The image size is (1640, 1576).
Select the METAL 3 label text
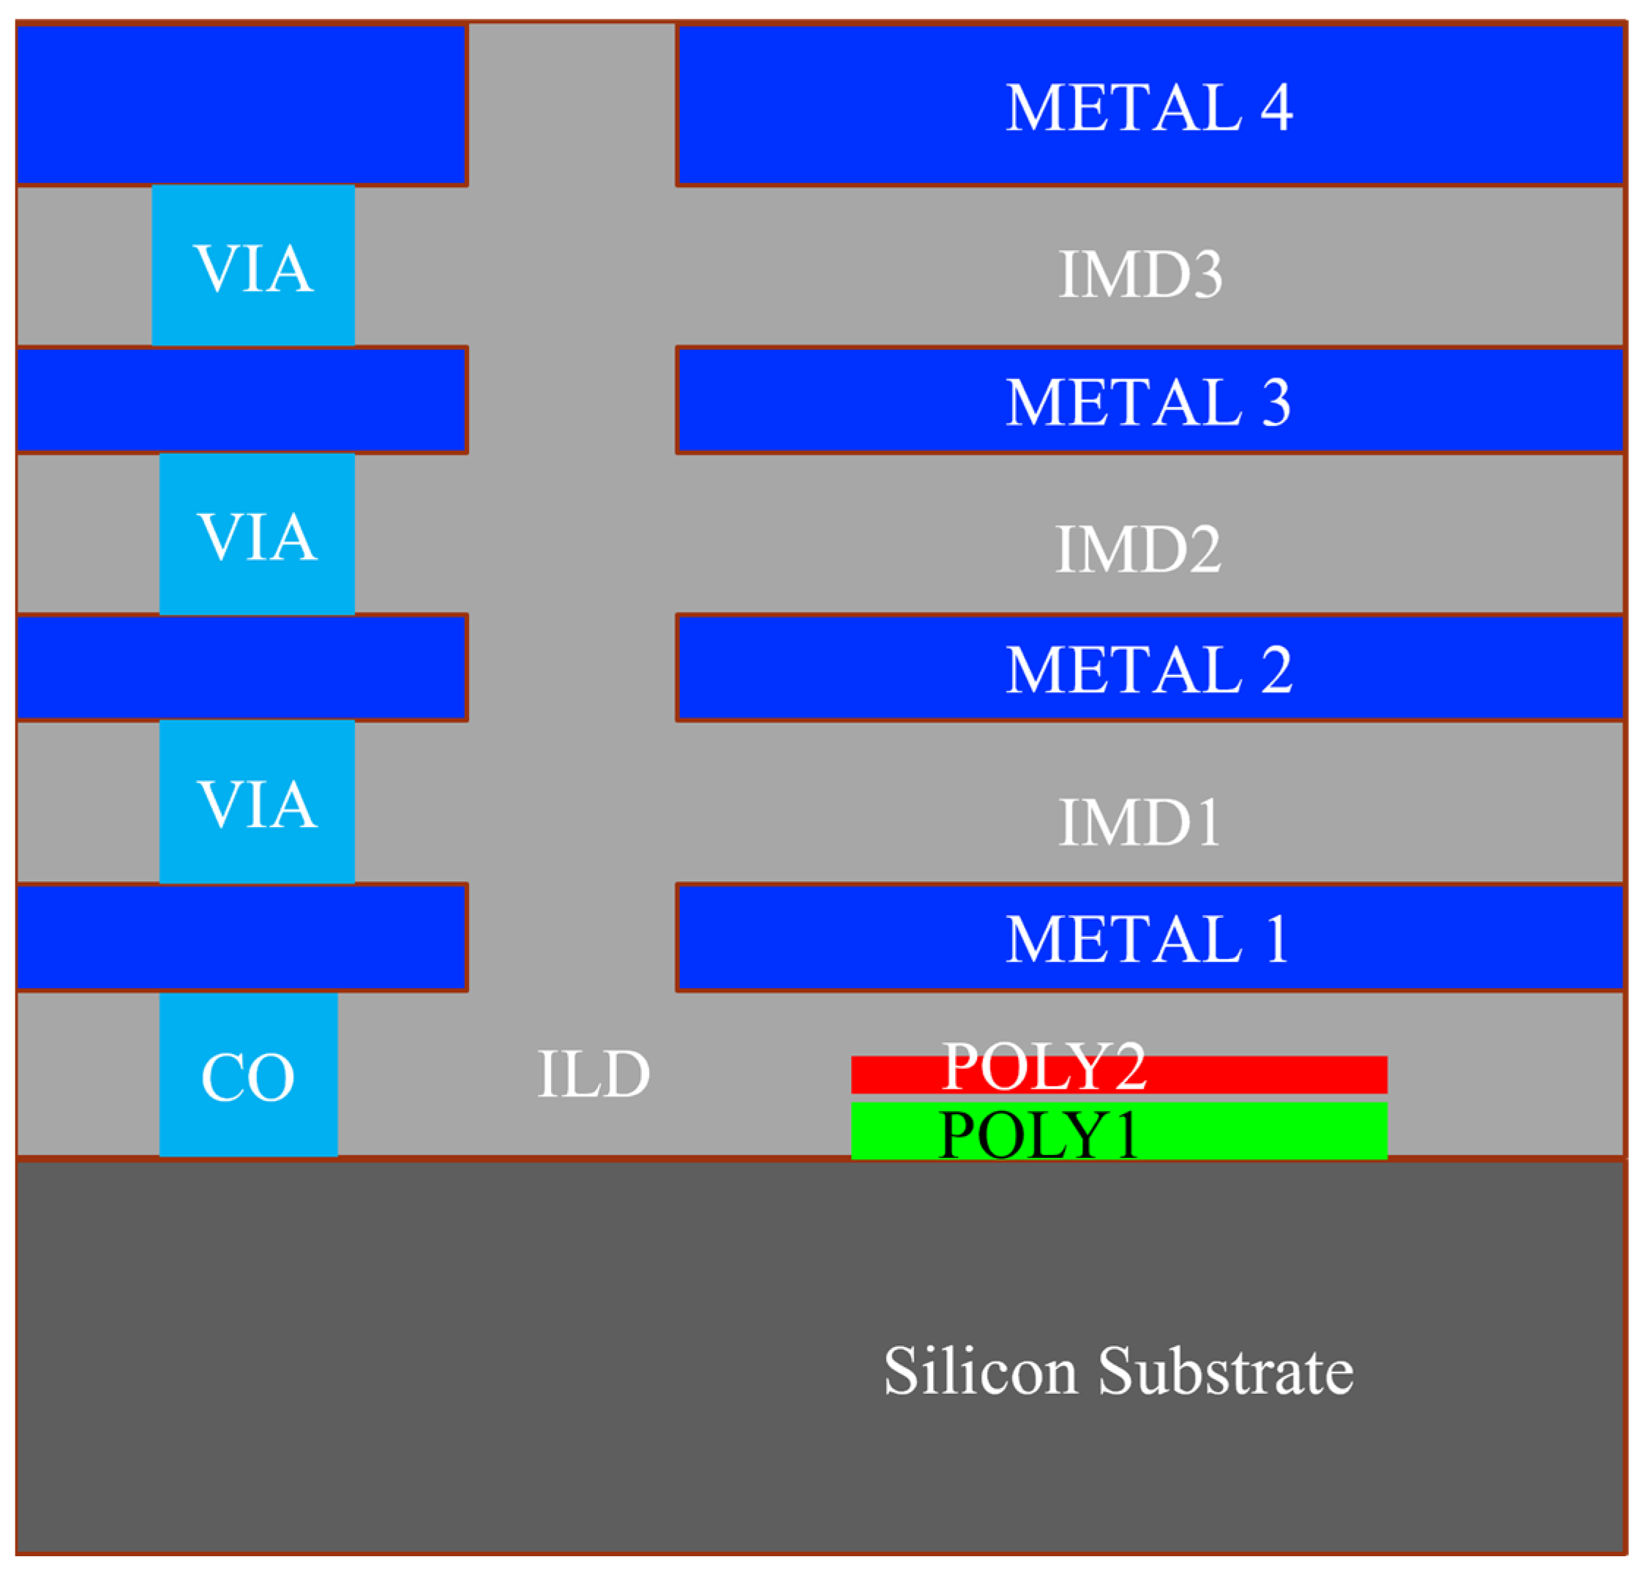[1148, 402]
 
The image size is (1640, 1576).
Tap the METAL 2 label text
[1148, 670]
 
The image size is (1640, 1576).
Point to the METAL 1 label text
[1148, 939]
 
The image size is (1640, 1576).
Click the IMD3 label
[1140, 274]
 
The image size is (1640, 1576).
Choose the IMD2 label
[1138, 549]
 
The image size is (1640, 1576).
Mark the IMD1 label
[1140, 823]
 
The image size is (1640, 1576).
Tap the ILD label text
[594, 1074]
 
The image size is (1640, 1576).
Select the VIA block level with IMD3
[253, 266]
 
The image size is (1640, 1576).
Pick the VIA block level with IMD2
[257, 536]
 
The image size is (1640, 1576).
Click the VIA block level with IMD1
[257, 804]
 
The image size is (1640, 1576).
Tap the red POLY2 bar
[1255, 1075]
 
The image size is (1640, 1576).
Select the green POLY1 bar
[1255, 1132]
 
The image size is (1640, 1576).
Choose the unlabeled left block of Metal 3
[241, 400]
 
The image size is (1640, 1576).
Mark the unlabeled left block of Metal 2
[241, 668]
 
